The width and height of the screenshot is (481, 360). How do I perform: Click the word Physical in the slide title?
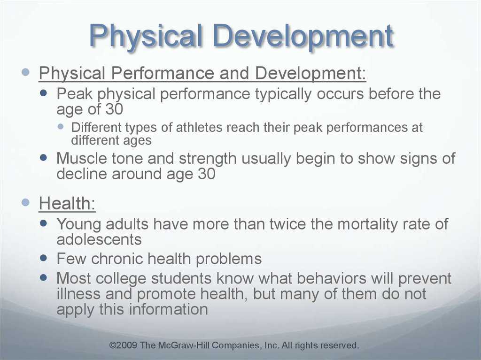coord(146,37)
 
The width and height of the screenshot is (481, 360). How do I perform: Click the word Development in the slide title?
coord(303,37)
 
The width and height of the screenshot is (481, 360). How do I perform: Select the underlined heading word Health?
coord(67,203)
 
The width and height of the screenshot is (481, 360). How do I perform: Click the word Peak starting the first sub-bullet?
coord(74,93)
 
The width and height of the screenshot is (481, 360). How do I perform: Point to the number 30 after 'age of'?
coord(115,109)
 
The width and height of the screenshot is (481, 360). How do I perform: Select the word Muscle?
coord(82,158)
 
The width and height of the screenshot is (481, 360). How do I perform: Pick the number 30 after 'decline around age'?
coord(207,174)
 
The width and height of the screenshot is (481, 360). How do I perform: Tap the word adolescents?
coord(99,239)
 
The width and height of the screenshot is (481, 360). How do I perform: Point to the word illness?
coord(78,294)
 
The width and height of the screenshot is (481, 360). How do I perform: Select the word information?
coord(169,309)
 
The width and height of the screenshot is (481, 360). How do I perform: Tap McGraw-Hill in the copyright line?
coord(184,345)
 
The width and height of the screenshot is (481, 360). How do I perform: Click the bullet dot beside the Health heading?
coord(26,202)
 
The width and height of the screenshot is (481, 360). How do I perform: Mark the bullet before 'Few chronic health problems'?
coord(44,258)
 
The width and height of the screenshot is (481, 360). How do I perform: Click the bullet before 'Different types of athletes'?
coord(61,126)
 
